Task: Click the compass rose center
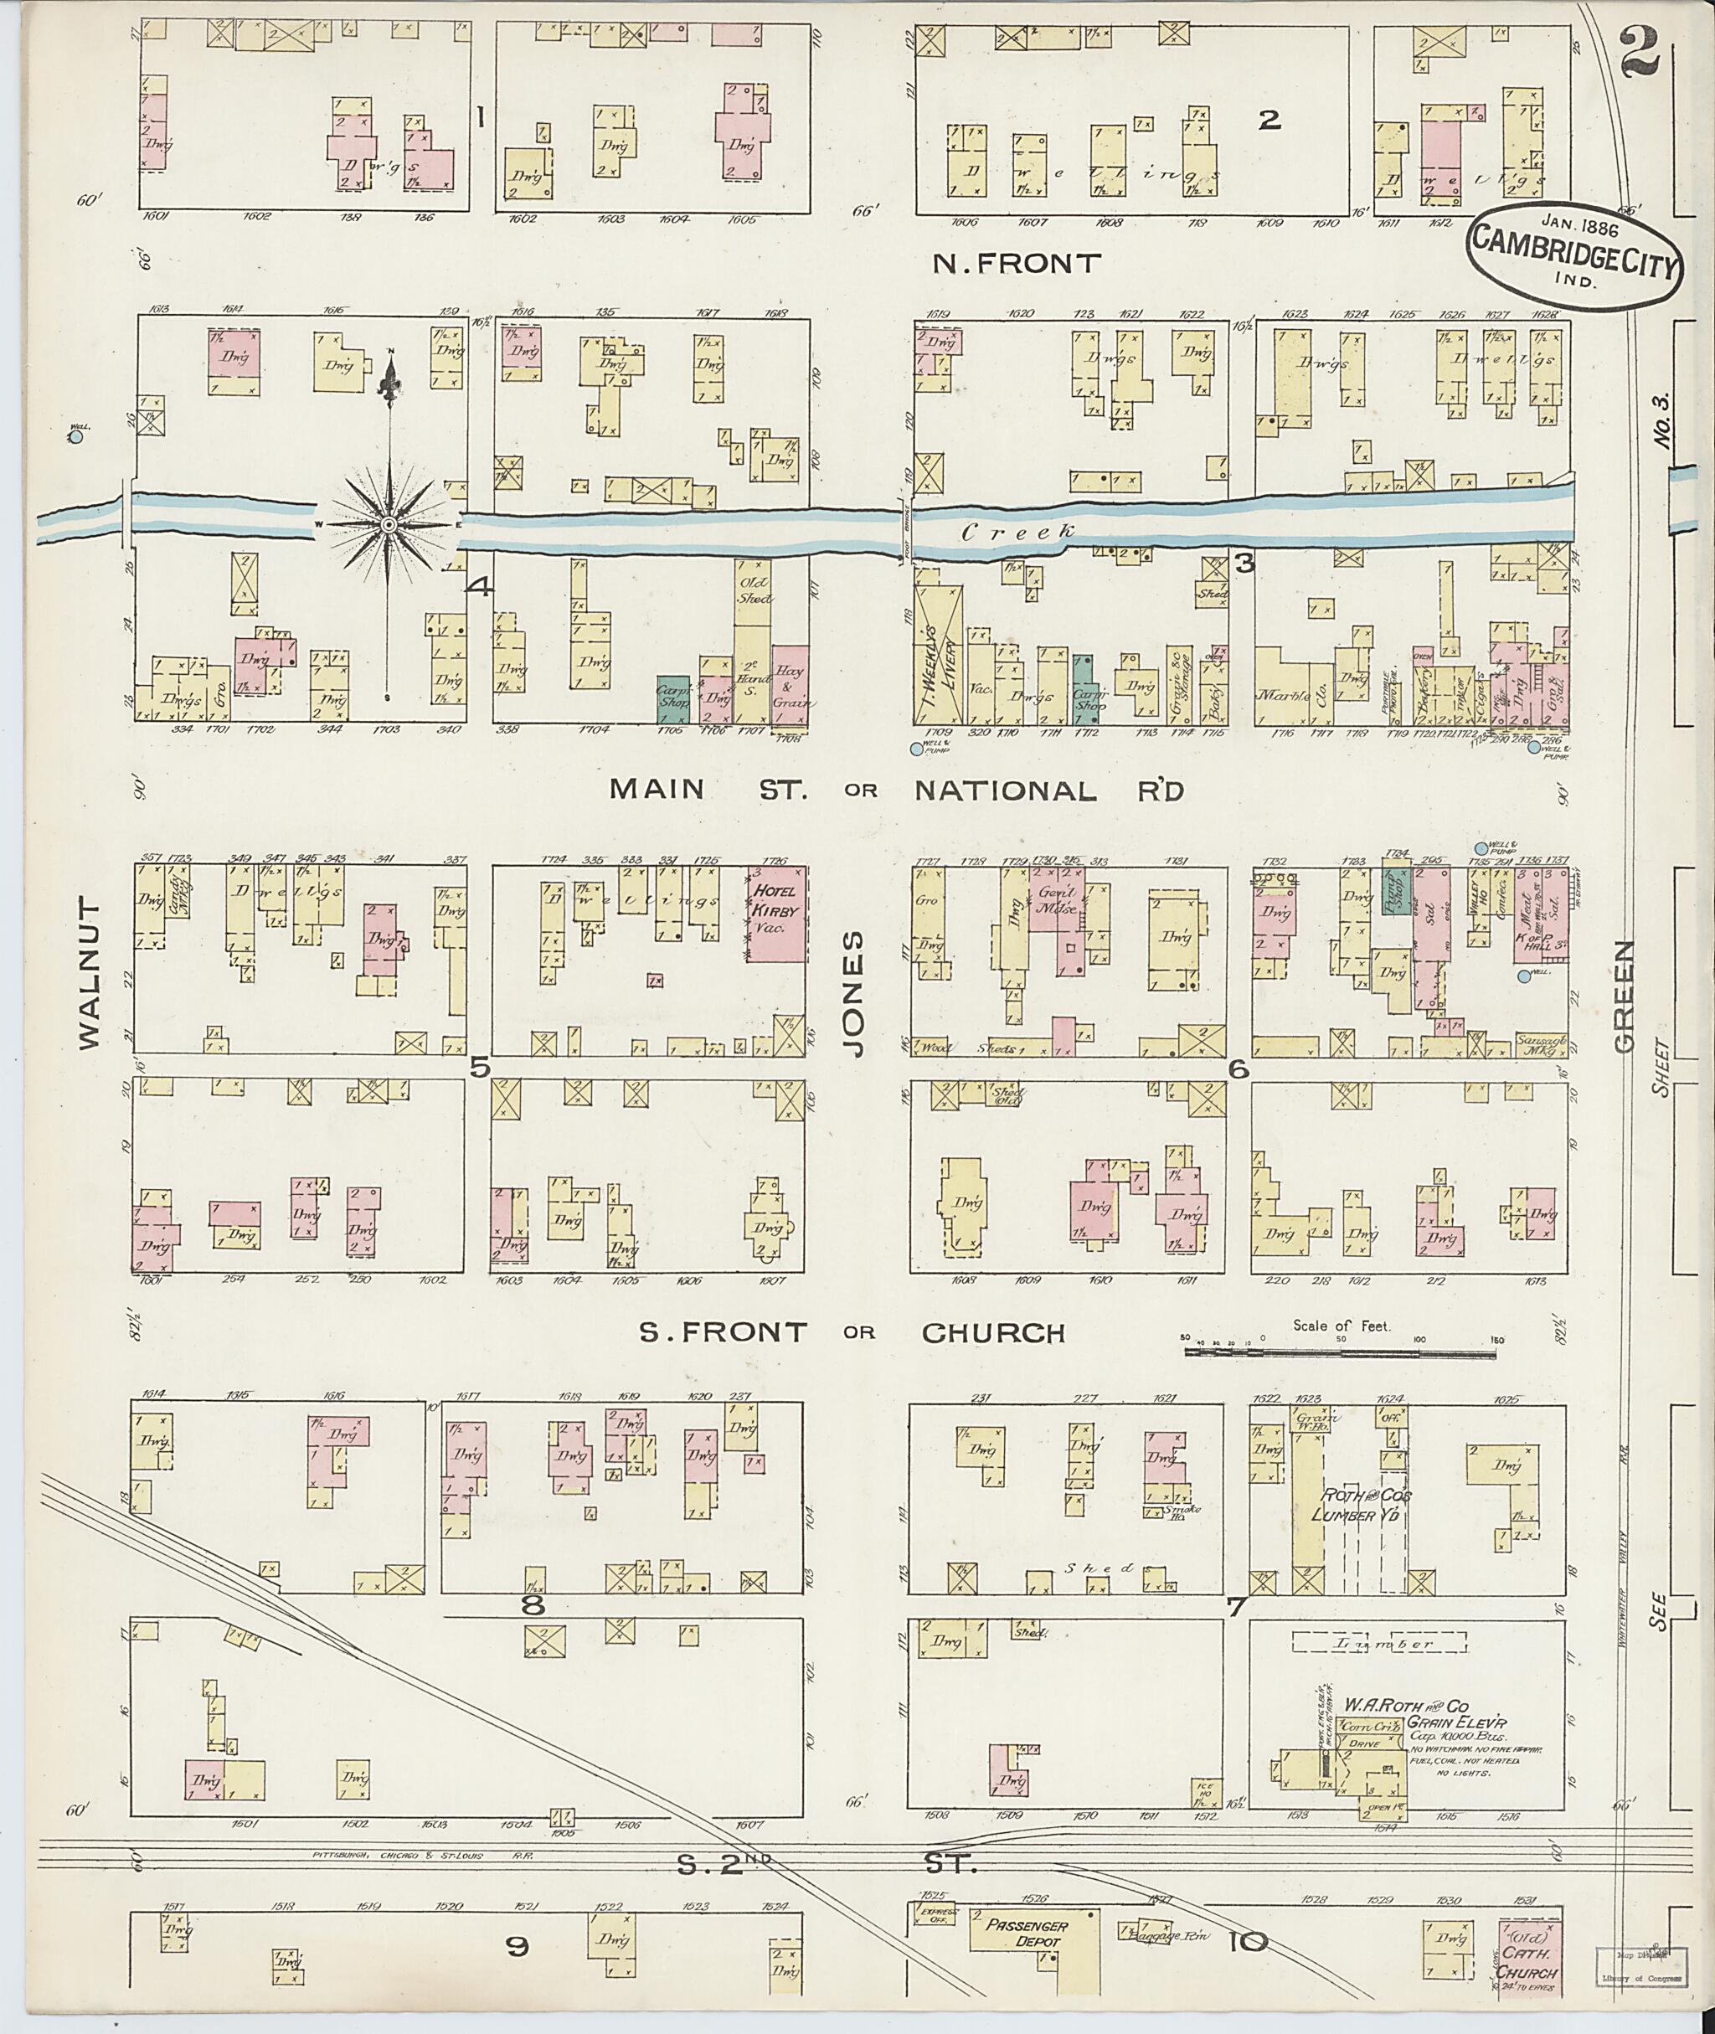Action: [388, 524]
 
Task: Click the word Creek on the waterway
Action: [1019, 532]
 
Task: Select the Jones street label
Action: [852, 992]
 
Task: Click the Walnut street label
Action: [90, 973]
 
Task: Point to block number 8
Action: [532, 1605]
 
